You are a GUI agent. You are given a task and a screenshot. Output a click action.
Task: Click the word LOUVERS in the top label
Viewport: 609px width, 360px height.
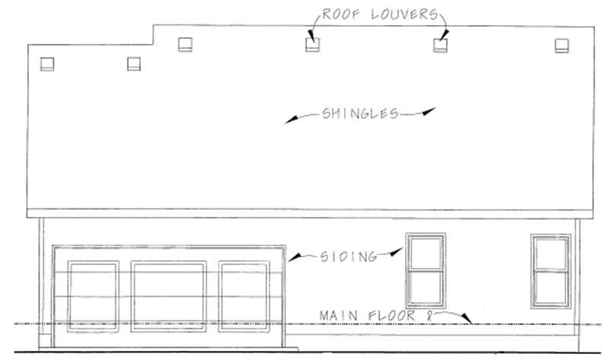point(405,14)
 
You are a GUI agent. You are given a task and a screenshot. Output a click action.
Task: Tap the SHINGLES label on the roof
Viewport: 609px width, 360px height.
point(360,113)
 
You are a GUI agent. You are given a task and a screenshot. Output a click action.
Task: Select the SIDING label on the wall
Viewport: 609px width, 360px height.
point(349,256)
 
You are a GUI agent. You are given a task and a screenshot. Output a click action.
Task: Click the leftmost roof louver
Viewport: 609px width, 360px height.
point(47,64)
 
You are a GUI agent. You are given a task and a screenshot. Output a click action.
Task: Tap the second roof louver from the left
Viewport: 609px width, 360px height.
point(134,64)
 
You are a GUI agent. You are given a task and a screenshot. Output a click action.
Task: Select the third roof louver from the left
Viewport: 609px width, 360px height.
point(185,44)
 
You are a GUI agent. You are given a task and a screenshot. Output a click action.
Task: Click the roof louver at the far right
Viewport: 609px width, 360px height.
point(562,46)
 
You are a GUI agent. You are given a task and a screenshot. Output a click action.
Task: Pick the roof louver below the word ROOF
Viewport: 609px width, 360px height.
point(313,45)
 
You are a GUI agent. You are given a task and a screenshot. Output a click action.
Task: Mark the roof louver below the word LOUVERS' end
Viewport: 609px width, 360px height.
point(441,45)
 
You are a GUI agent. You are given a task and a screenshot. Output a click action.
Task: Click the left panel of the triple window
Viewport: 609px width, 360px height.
point(93,297)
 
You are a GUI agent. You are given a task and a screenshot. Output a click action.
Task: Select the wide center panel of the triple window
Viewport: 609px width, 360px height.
point(168,297)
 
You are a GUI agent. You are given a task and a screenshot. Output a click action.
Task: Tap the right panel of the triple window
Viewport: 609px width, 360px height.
point(244,297)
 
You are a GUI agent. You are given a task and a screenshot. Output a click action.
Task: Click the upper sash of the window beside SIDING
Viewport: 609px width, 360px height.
point(426,253)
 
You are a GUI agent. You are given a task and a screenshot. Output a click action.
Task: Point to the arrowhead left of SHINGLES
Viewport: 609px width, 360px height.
point(292,119)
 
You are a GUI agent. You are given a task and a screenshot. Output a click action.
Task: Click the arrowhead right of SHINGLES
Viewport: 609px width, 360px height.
point(429,111)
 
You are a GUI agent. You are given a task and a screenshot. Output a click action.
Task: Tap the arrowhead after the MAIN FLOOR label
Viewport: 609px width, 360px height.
point(467,318)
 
